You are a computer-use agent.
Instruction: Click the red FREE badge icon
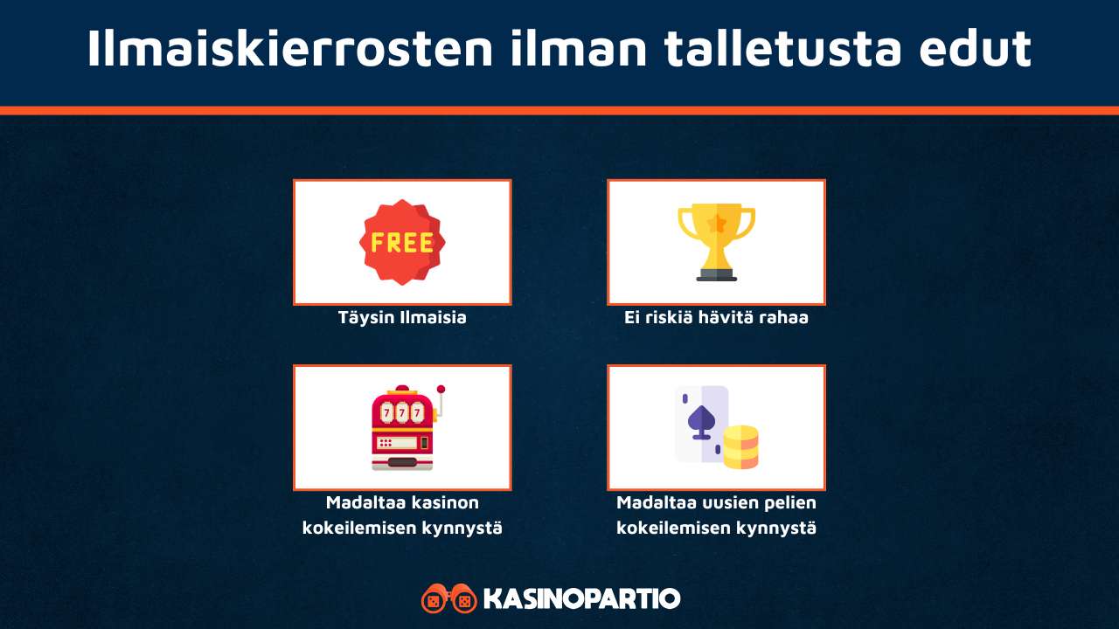click(x=402, y=242)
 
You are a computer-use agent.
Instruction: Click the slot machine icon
click(x=402, y=428)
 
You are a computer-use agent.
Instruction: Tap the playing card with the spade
click(x=702, y=424)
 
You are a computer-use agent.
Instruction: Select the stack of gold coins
click(x=740, y=446)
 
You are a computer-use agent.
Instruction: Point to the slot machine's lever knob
click(x=441, y=389)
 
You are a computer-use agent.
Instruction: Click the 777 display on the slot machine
click(x=401, y=411)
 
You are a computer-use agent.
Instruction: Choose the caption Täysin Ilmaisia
click(x=402, y=317)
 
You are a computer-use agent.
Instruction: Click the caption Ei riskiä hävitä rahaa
click(x=716, y=317)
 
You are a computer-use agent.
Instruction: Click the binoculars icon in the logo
click(x=448, y=599)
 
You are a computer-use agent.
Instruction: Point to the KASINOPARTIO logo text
click(x=581, y=599)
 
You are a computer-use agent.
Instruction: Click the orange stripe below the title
click(x=559, y=110)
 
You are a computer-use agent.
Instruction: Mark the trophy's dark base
click(x=717, y=274)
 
